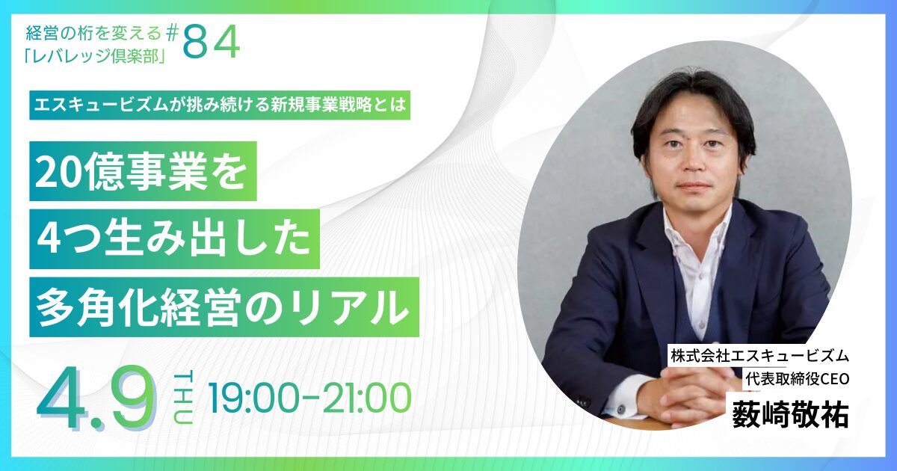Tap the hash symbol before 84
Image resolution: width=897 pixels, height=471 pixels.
click(x=172, y=34)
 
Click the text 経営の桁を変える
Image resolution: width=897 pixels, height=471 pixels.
click(x=93, y=33)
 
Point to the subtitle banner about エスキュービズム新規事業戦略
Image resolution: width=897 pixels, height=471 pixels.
click(x=220, y=105)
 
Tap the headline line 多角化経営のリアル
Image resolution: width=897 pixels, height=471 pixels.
click(x=224, y=307)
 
